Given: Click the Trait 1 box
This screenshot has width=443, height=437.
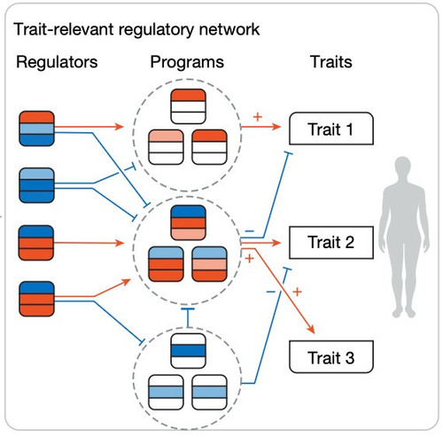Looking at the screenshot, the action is click(x=331, y=129).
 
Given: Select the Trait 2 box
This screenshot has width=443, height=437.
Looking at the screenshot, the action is click(x=331, y=242).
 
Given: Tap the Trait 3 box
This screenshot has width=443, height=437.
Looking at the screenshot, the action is click(x=331, y=356).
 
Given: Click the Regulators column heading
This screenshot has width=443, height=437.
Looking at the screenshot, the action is click(x=57, y=62).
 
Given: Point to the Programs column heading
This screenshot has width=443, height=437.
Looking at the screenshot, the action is click(x=187, y=62).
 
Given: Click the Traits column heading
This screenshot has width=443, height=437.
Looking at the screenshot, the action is click(x=331, y=62).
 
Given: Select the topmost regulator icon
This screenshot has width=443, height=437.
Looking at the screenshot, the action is click(x=36, y=129).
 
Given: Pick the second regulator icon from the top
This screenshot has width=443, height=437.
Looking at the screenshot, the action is click(x=36, y=185).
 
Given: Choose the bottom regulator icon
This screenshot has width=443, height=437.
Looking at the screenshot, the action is click(x=36, y=299).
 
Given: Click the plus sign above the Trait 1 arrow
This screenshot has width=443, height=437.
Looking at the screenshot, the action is click(x=258, y=117).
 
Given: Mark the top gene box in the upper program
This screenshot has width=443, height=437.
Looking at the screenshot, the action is click(x=188, y=106).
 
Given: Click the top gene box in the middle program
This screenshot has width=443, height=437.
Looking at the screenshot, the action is click(x=188, y=222).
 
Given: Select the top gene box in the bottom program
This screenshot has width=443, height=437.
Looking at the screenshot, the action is click(x=188, y=351).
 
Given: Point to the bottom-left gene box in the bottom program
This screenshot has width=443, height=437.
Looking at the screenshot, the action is click(x=166, y=392).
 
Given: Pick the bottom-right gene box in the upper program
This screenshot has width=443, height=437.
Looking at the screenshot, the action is click(x=209, y=147).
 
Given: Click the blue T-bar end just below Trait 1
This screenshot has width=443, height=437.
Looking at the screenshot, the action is click(x=288, y=153).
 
